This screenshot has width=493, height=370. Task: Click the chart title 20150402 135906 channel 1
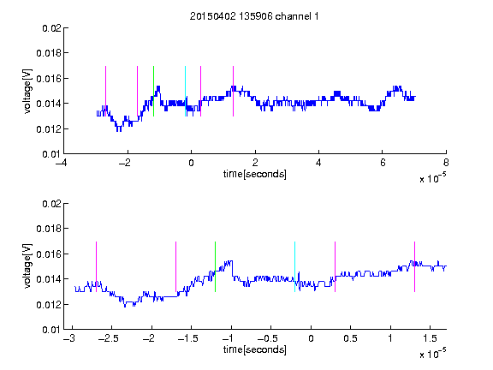[x=254, y=16]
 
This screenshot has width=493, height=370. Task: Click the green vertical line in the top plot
[x=153, y=92]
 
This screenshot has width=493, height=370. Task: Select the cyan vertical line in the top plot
[x=185, y=92]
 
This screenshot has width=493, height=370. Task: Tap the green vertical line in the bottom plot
[x=215, y=267]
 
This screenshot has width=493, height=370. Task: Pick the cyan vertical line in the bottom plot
[x=294, y=267]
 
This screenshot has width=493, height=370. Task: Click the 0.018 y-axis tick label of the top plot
[x=49, y=53]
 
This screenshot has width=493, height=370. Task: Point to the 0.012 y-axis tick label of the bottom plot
[x=49, y=305]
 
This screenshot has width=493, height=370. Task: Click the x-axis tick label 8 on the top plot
[x=446, y=163]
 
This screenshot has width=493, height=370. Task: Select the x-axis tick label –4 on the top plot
[x=61, y=163]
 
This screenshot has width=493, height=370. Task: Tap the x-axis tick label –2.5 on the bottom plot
[x=108, y=338]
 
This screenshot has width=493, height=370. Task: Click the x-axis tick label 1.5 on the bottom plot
[x=430, y=338]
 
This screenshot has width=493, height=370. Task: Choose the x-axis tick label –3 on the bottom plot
[x=68, y=338]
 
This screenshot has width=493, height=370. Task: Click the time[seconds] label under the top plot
[x=255, y=174]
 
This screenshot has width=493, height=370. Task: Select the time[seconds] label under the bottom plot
[x=255, y=349]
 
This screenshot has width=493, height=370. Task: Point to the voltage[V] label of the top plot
[x=28, y=92]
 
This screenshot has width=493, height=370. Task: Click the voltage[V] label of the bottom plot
[x=28, y=266]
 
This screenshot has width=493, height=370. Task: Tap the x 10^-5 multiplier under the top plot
[x=432, y=178]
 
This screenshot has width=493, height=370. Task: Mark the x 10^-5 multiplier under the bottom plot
[x=432, y=354]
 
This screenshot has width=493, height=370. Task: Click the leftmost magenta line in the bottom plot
[x=96, y=267]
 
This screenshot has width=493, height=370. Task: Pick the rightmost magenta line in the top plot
[x=233, y=92]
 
